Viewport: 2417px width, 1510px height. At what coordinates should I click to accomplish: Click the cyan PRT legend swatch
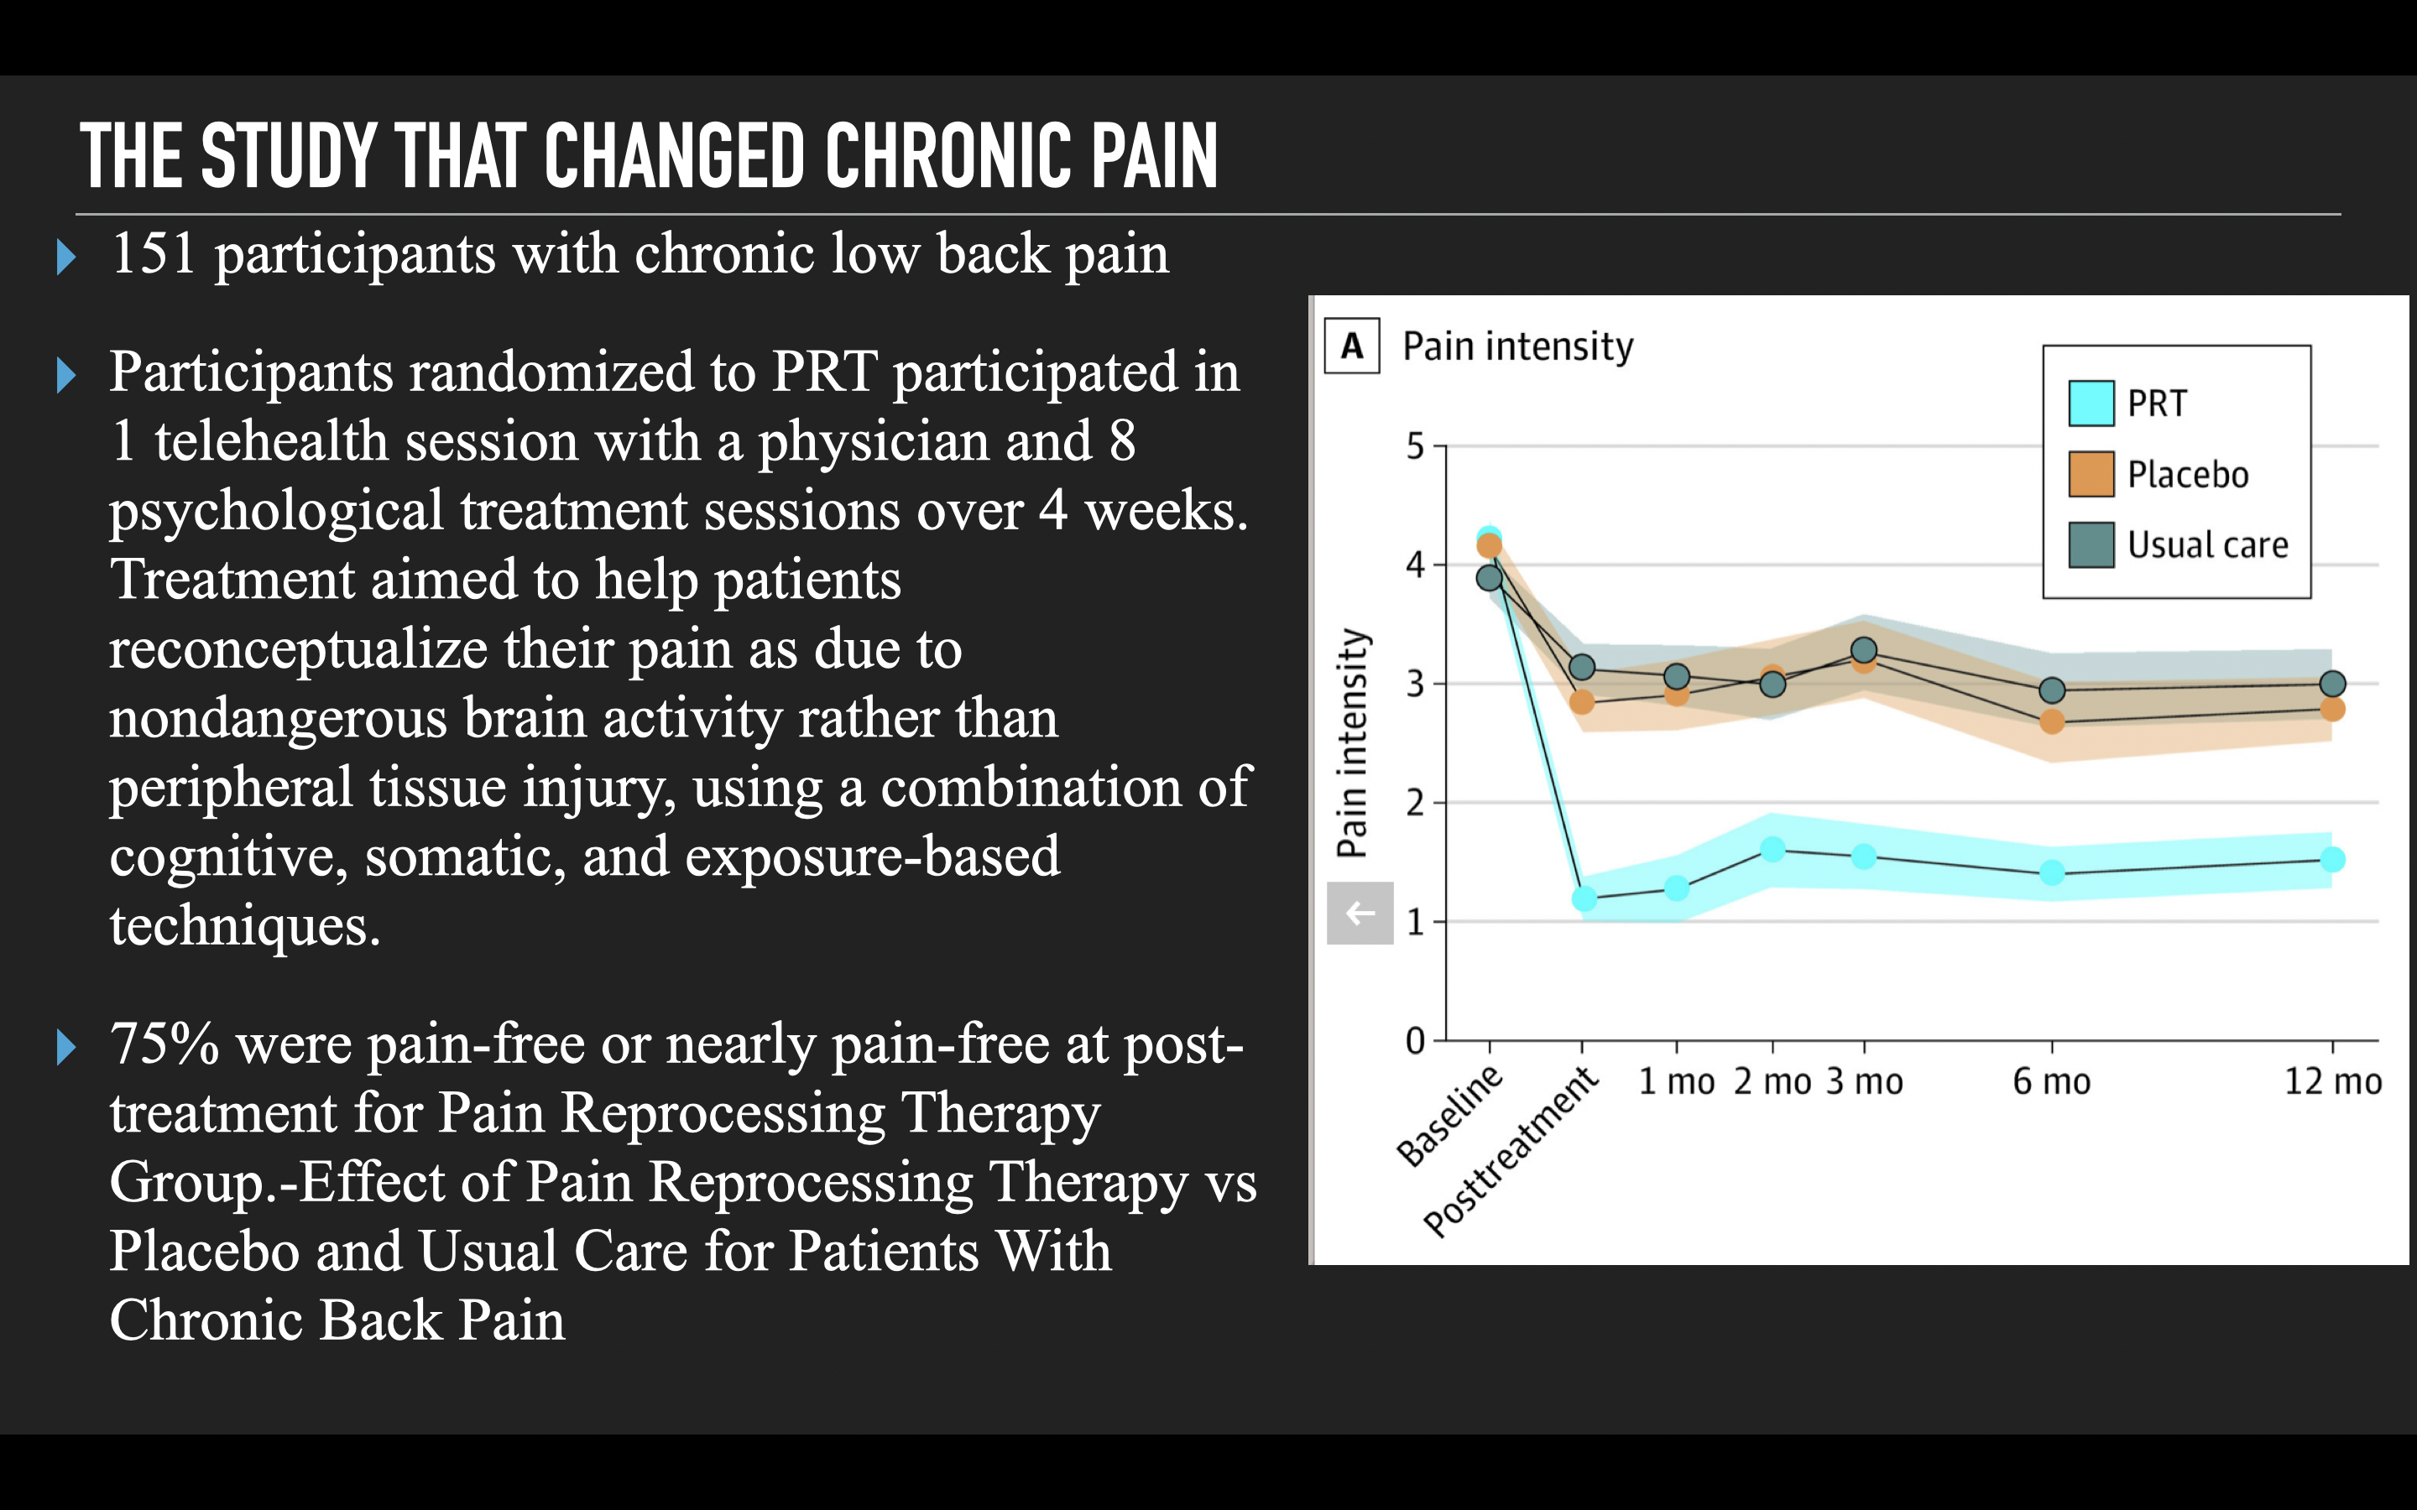(x=2091, y=404)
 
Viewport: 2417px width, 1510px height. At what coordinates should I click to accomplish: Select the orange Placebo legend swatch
(x=2091, y=474)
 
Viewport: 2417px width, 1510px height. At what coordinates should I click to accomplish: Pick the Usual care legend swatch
(x=2091, y=545)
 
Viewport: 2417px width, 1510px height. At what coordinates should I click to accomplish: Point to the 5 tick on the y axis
(x=1415, y=446)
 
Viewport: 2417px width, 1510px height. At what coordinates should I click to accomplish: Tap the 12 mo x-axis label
(x=2332, y=1081)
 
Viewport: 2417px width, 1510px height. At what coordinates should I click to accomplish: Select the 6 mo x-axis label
(x=2051, y=1081)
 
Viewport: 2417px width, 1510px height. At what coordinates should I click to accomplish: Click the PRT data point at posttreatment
(x=1584, y=898)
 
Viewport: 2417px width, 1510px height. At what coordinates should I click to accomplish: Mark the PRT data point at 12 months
(x=2332, y=859)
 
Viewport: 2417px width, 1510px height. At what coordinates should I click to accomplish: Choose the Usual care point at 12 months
(x=2332, y=684)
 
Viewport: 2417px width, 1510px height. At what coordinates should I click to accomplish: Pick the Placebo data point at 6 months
(x=2051, y=721)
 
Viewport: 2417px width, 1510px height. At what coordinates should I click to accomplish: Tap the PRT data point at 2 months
(x=1772, y=850)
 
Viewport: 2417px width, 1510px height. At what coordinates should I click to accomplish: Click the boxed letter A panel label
(x=1351, y=346)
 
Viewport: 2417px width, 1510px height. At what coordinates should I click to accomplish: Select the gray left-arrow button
(x=1360, y=913)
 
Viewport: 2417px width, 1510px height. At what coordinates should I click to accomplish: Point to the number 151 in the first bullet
(x=153, y=253)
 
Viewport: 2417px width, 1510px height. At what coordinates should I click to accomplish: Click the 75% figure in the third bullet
(x=164, y=1044)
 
